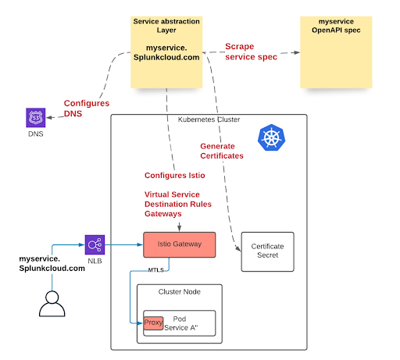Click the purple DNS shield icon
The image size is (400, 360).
tap(35, 119)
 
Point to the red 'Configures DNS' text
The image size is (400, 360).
tap(87, 109)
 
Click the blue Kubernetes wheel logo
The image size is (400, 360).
tap(271, 140)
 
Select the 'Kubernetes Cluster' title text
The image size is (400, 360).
tap(204, 119)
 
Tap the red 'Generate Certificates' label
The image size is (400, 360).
tap(222, 151)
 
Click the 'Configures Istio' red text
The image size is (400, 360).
tap(175, 176)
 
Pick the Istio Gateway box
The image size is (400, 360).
tap(180, 244)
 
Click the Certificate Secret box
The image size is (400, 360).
tap(267, 251)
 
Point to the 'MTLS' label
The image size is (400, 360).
tap(157, 269)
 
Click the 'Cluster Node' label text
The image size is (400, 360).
tap(180, 291)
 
